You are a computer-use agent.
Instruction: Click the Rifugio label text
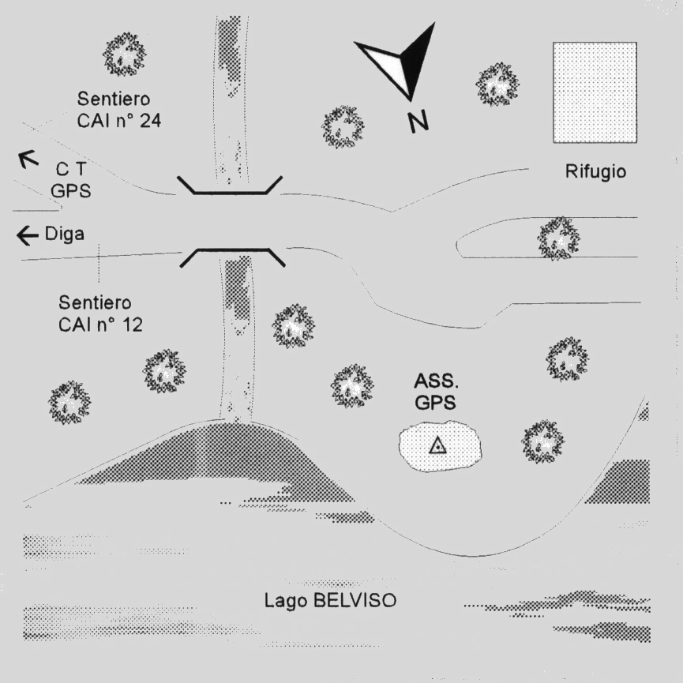coord(595,171)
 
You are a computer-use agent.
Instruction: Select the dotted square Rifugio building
coord(595,92)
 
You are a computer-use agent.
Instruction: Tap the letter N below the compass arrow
coord(418,121)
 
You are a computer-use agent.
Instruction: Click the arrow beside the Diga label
coord(28,235)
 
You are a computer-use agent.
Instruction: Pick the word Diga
coord(65,235)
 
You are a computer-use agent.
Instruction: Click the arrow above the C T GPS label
coord(28,159)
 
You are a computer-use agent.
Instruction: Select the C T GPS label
coord(70,180)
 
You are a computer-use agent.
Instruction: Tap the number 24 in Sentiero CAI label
coord(150,121)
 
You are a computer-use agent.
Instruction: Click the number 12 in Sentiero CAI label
coord(133,325)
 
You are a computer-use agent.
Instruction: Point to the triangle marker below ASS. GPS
coord(437,446)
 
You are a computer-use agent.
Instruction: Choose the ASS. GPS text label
coord(436,392)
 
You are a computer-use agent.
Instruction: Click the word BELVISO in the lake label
coord(355,601)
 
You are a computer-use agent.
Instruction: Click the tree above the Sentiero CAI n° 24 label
coord(124,54)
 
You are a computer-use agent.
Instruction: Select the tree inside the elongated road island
coord(558,238)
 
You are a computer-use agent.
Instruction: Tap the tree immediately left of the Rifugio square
coord(497,84)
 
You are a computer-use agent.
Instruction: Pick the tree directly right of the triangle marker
coord(542,441)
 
